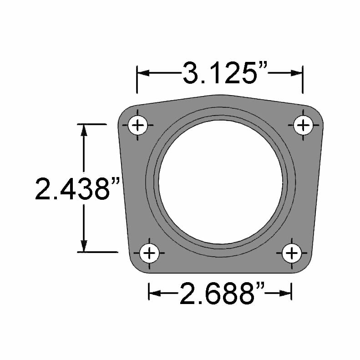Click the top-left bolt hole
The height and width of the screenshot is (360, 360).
[x=137, y=125]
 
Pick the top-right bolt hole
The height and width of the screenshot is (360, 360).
[x=303, y=125]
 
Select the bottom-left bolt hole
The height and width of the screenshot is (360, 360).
[x=149, y=253]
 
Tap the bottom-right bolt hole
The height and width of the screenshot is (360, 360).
[x=291, y=253]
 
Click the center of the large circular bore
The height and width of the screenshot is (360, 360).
[x=220, y=182]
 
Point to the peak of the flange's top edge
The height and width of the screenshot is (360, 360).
[x=220, y=95]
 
